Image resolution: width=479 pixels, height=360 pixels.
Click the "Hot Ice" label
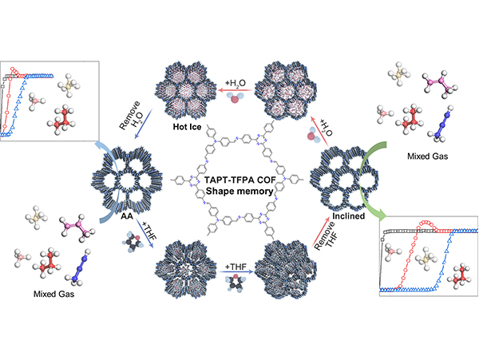click(192, 126)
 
